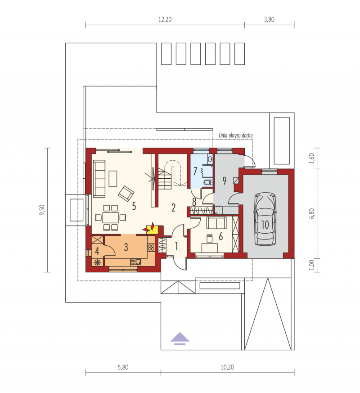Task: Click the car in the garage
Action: pos(265,218)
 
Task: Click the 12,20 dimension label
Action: pos(165,19)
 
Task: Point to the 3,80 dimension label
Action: pos(269,19)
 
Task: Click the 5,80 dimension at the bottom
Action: pos(123,367)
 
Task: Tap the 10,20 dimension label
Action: pos(227,367)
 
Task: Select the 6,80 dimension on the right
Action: pos(312,213)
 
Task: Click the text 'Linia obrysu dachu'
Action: pos(236,136)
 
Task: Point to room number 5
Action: pos(134,206)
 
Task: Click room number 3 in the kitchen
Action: pos(126,247)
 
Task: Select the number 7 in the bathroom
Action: pos(195,171)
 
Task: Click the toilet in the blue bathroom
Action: pos(208,182)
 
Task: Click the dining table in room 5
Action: pos(111,217)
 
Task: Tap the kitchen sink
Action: pos(136,262)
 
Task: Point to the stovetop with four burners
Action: pos(151,248)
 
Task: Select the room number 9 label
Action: pos(225,181)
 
